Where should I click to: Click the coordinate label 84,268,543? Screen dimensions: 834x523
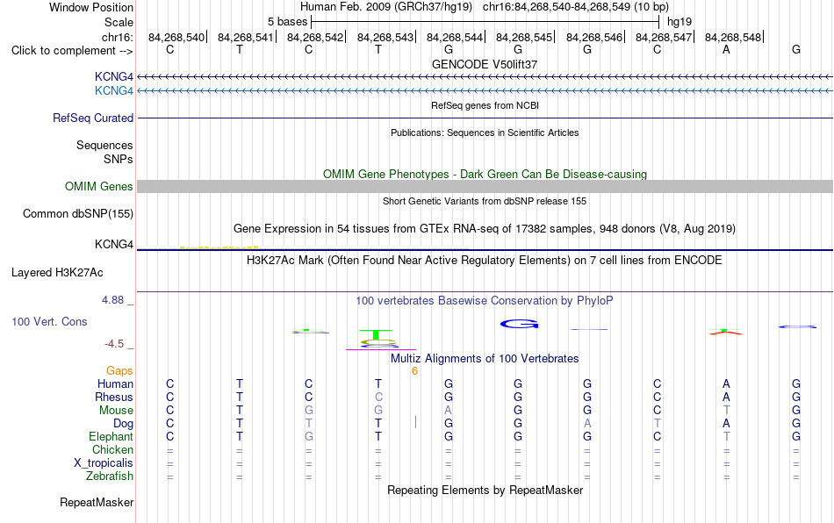point(385,37)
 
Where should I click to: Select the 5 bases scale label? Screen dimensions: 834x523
point(287,22)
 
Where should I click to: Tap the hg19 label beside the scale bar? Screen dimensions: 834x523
point(679,22)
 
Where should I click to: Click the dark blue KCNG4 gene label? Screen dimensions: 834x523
point(114,77)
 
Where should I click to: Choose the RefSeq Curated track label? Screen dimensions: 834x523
point(92,118)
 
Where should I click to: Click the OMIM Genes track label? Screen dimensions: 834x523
point(98,187)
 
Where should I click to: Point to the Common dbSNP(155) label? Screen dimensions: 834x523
point(77,213)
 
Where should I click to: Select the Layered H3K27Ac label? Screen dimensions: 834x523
point(57,273)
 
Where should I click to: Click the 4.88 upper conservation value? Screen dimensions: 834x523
point(112,300)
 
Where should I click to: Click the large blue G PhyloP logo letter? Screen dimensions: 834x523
point(519,324)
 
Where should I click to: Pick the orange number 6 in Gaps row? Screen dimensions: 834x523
point(414,371)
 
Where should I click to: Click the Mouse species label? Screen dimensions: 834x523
point(116,411)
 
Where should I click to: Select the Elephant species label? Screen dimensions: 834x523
point(111,436)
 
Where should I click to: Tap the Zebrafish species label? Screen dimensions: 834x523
point(110,476)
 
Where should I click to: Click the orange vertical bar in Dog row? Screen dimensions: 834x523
point(415,423)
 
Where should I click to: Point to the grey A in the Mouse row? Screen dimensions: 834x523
point(449,411)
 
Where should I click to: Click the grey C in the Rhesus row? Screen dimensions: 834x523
point(378,397)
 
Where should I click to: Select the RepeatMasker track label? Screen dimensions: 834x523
point(97,502)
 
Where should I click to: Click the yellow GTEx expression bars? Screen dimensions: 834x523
point(219,247)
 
